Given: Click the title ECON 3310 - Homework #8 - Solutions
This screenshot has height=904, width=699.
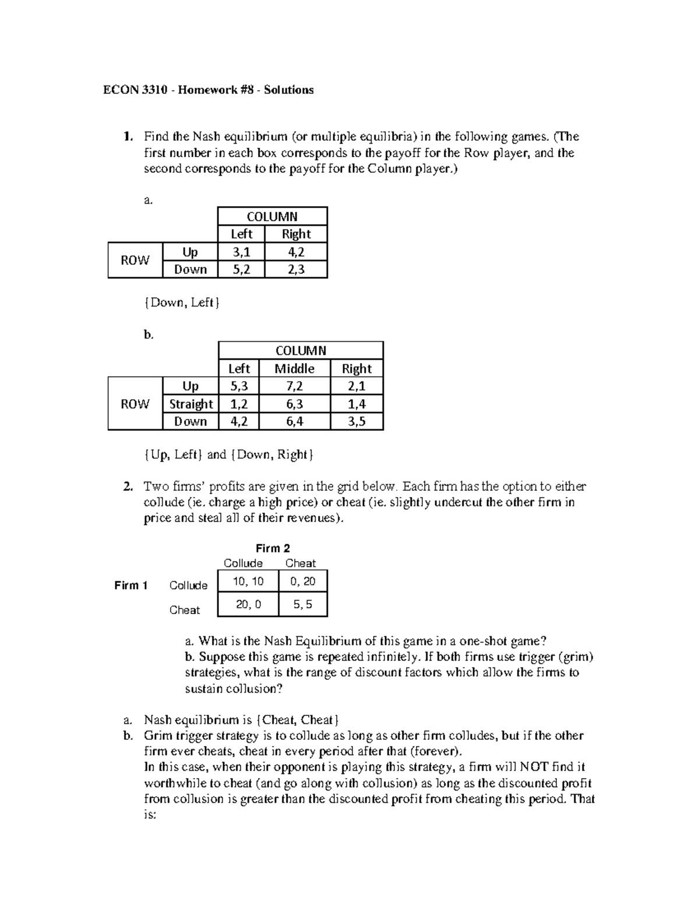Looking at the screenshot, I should (208, 90).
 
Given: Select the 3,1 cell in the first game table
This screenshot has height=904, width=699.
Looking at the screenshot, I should (241, 252).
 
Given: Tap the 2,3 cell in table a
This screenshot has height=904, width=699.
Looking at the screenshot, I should (296, 270).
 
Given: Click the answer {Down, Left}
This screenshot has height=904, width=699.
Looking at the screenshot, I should (182, 303).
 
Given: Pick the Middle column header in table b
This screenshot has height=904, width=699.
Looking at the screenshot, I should (294, 368).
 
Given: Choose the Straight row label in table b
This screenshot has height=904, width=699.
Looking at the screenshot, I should (191, 404).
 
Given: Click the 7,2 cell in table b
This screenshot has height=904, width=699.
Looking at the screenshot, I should (294, 386).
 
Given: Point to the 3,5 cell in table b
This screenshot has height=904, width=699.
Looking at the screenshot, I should (356, 421).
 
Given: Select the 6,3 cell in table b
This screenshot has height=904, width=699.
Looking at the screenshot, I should (294, 404).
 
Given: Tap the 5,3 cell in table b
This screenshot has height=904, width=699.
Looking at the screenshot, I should (239, 386).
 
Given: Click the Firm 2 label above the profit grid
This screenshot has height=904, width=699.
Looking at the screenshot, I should (273, 548).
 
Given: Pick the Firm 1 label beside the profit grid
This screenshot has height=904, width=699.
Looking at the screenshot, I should (131, 586).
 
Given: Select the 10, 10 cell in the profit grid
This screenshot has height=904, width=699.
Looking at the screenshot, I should (248, 581).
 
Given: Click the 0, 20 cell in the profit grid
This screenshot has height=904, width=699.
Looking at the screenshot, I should (303, 581).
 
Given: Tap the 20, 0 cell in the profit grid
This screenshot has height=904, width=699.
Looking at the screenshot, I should (248, 605).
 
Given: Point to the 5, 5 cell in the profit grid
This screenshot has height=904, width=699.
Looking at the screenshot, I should (303, 605).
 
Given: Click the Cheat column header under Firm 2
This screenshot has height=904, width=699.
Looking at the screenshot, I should (301, 563).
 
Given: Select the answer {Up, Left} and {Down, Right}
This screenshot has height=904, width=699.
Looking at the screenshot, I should (228, 455).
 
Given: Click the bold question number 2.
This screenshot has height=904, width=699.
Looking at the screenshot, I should (128, 487).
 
